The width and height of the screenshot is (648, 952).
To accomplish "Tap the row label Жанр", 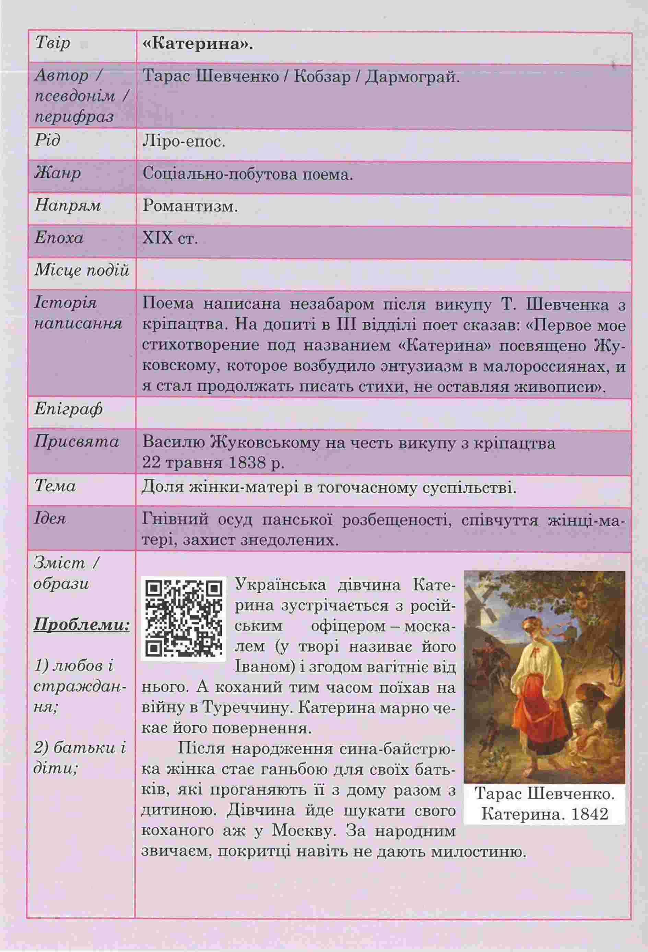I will pos(58,174).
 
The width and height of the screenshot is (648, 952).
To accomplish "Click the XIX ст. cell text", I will pos(170,239).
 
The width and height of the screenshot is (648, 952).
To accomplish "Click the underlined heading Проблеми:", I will pos(82,625).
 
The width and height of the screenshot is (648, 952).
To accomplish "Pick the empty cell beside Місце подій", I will pos(383,272).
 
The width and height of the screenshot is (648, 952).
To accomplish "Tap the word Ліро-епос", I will pos(184,141).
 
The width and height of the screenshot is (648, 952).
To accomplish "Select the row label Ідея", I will pos(50,519).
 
